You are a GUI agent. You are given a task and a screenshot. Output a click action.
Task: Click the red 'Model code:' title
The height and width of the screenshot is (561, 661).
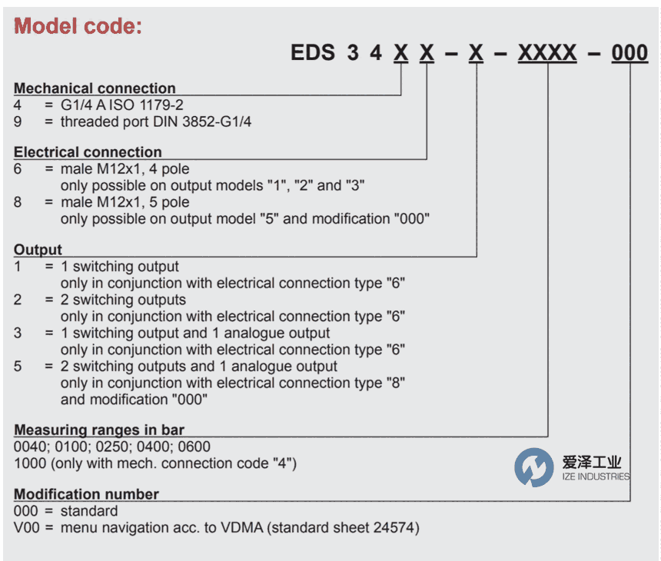pos(78,26)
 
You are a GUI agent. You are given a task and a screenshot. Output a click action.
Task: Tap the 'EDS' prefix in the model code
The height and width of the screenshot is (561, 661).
pos(313,53)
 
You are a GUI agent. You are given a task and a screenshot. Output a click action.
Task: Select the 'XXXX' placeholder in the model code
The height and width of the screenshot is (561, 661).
pos(547,53)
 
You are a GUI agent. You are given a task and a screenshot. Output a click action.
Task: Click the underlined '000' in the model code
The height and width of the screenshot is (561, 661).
pos(629,53)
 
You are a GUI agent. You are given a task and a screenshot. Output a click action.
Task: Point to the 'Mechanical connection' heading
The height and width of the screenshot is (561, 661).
pos(95,88)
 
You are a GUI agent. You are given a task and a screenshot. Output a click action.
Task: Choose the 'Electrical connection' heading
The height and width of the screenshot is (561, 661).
pos(88,151)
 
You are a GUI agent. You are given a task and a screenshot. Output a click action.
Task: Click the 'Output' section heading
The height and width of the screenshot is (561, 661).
pos(38,250)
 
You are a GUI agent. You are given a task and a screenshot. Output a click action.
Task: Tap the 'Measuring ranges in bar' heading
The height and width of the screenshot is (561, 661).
pos(99,430)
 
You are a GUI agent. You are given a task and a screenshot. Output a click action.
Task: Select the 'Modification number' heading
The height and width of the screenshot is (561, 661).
pos(86,494)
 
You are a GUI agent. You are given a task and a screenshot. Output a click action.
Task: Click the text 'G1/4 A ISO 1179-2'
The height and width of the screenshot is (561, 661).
pos(122,105)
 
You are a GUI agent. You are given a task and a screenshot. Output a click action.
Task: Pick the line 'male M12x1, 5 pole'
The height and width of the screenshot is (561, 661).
pos(125,202)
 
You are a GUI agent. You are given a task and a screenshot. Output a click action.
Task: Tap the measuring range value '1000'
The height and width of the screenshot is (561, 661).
pos(30,463)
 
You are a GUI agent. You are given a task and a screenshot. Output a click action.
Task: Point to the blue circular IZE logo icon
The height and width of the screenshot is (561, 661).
pos(533,467)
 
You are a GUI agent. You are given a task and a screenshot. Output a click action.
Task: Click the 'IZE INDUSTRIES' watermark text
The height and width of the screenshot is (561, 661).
pos(596,476)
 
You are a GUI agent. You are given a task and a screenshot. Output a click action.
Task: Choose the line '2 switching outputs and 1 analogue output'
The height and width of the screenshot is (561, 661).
pos(199,367)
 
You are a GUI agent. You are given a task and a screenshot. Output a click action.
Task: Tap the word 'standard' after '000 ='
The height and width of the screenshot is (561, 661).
pos(89,511)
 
